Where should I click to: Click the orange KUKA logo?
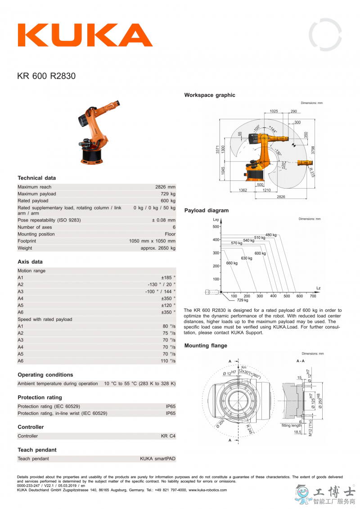[85, 35]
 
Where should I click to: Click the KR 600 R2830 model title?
[46, 76]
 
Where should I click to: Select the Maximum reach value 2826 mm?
[165, 187]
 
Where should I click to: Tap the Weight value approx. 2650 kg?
[158, 248]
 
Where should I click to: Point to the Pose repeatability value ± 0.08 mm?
[163, 220]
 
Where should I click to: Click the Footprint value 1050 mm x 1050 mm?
[152, 241]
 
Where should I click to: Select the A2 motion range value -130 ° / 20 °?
[162, 284]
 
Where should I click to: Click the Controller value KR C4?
[168, 436]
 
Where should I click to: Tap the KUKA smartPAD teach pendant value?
[157, 459]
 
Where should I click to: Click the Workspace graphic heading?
[210, 95]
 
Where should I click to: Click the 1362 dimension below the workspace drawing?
[243, 190]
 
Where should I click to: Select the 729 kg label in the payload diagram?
[243, 300]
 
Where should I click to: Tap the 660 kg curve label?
[232, 263]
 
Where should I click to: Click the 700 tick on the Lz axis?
[313, 296]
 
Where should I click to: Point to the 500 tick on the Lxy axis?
[216, 227]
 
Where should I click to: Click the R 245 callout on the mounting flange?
[248, 428]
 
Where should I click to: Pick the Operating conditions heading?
[45, 374]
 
